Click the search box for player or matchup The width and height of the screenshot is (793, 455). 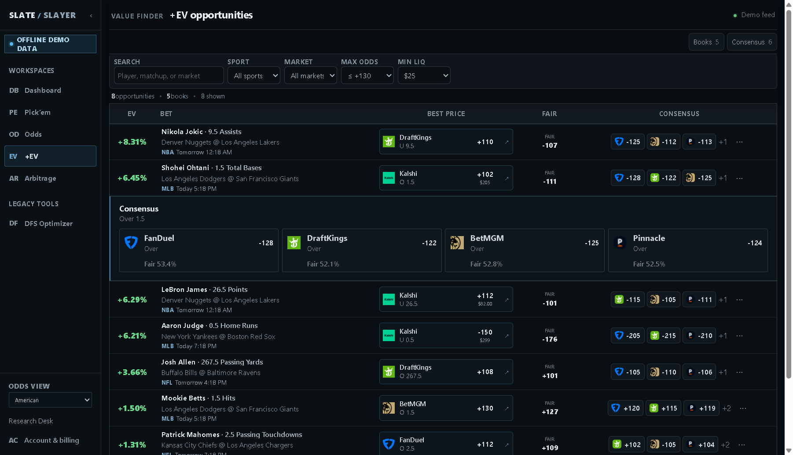[169, 76]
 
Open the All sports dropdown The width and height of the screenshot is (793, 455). [254, 76]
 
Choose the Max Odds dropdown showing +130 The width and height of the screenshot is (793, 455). [367, 76]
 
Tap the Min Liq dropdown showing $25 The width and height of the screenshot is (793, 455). [424, 76]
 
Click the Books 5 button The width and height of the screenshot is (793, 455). [706, 42]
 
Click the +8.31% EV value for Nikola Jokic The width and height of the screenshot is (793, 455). [132, 142]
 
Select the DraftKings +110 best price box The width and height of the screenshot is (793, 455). [446, 142]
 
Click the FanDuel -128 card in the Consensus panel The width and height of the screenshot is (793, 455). [199, 251]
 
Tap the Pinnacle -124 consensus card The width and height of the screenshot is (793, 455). [688, 251]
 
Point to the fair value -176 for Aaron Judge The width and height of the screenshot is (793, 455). [550, 339]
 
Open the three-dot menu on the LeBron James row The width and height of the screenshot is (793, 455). [739, 300]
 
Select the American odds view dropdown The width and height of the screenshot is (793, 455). [50, 400]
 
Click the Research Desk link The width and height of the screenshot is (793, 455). [31, 421]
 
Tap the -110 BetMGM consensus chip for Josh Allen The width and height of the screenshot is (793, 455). [664, 372]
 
